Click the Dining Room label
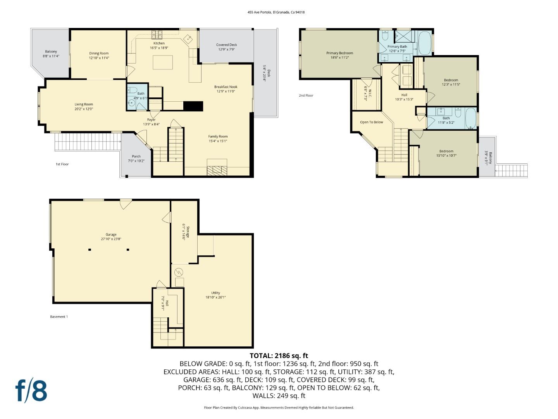click(x=99, y=53)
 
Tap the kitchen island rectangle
click(x=162, y=62)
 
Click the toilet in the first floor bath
click(x=133, y=90)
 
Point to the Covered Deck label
click(x=226, y=45)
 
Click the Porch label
click(x=136, y=156)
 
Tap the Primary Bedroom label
click(x=339, y=53)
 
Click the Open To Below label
click(x=371, y=122)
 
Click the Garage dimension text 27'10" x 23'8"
click(x=111, y=239)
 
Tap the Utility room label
click(x=215, y=293)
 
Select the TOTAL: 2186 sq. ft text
click(x=279, y=355)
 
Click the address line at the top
click(x=276, y=12)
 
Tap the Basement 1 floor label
click(x=59, y=317)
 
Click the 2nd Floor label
click(x=306, y=95)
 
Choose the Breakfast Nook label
click(x=226, y=87)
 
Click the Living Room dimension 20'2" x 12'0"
click(x=84, y=109)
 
